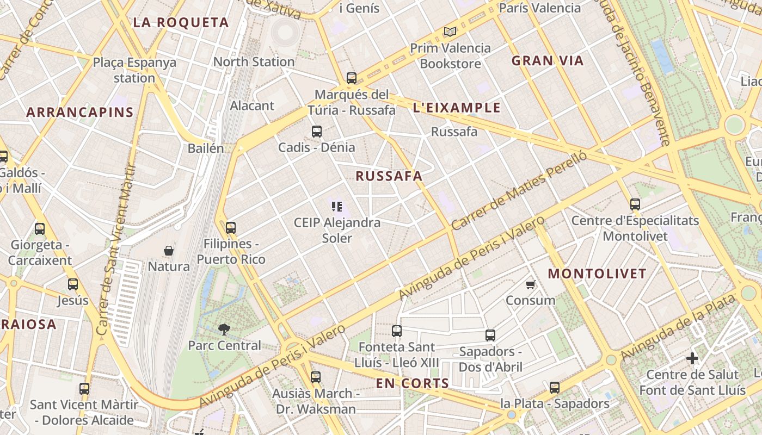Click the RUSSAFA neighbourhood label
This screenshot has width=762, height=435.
[389, 176]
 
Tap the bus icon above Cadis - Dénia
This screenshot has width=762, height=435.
[317, 131]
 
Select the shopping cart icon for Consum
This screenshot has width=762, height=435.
[531, 284]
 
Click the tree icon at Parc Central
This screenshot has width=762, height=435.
[224, 328]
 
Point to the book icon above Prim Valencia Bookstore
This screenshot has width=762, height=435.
[450, 32]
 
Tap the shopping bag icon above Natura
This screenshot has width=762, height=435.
[169, 251]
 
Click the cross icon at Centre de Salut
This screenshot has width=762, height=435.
[692, 358]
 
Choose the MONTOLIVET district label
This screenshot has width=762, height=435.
[597, 274]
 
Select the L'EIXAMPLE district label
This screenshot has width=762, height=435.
[456, 108]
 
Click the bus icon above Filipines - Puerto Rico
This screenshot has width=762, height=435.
[231, 227]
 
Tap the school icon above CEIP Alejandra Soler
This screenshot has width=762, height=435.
[337, 206]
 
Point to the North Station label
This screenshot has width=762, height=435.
[254, 62]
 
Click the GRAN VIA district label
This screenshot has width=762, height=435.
[547, 61]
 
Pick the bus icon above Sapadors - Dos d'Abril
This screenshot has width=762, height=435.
[490, 335]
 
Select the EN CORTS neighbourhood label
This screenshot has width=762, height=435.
[412, 383]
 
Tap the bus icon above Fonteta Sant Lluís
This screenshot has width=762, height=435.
[397, 331]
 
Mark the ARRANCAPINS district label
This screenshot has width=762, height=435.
[79, 113]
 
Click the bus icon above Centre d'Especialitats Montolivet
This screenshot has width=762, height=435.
[635, 204]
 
